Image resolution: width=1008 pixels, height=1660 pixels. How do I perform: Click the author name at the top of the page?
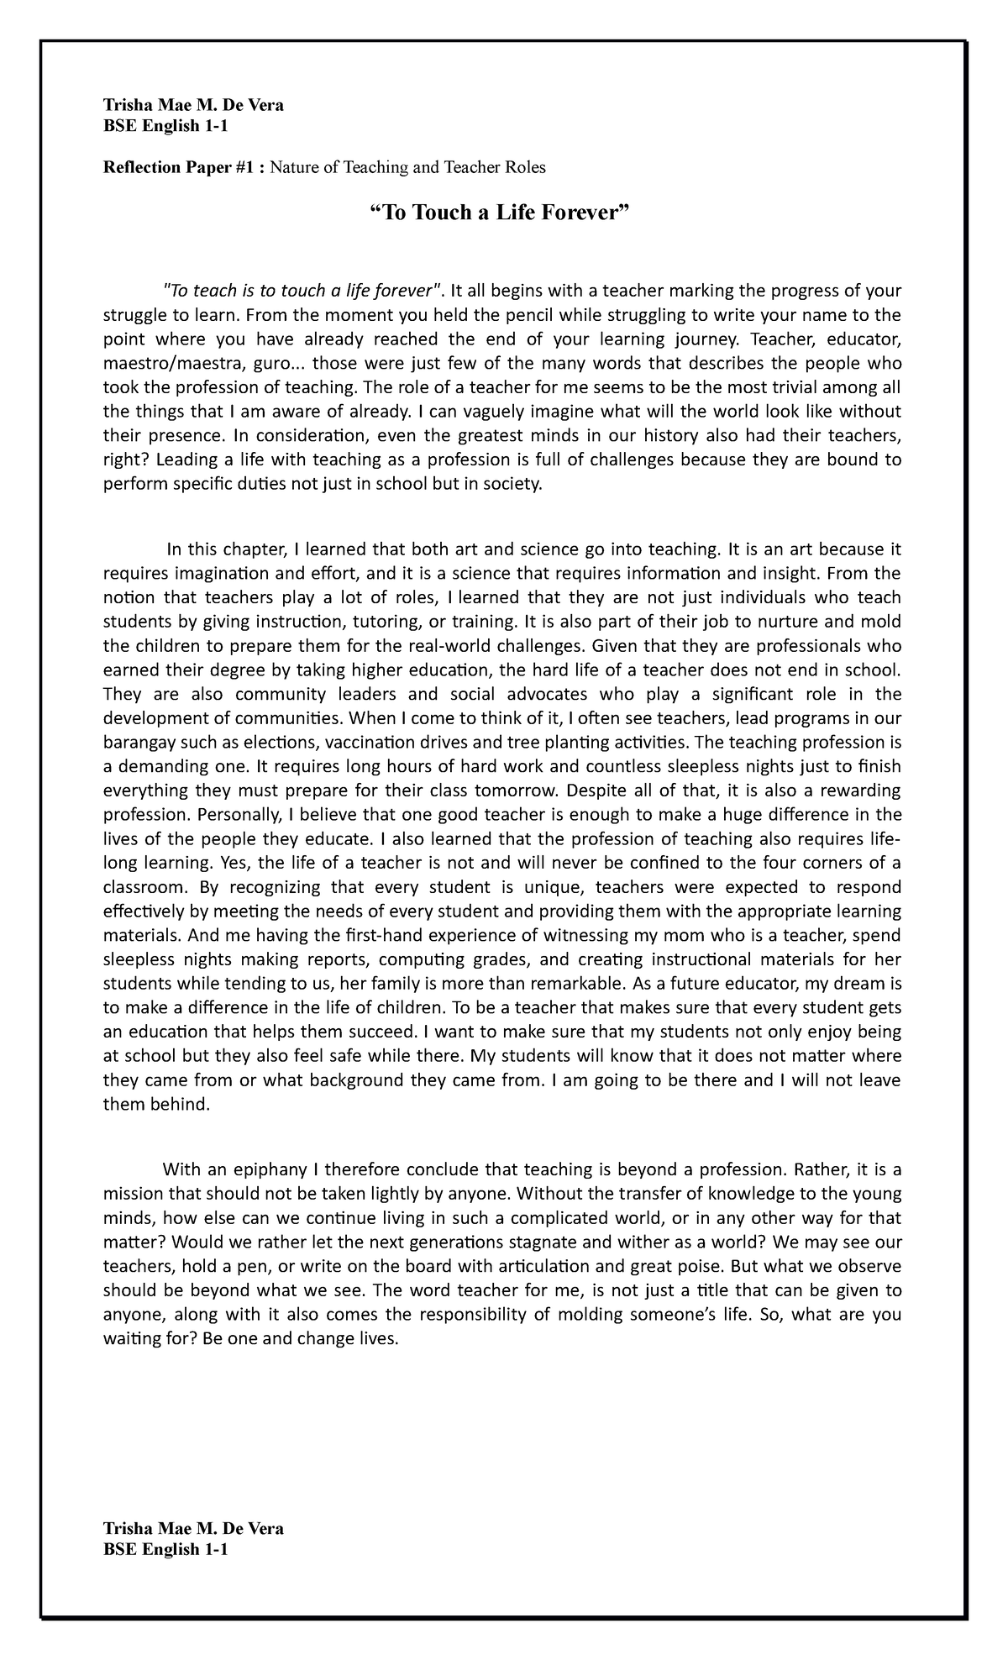tap(192, 106)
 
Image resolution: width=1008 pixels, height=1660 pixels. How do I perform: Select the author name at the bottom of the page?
tap(192, 1529)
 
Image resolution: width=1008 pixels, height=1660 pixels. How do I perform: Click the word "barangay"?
tap(140, 743)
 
